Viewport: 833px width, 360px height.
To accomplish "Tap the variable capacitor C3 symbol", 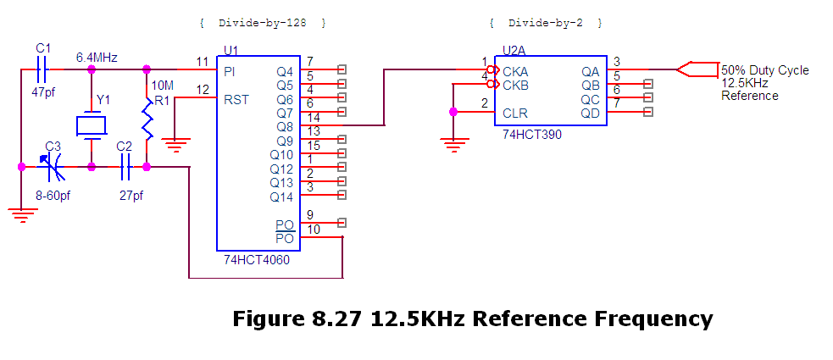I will (53, 167).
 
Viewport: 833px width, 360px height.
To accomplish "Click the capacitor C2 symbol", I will (125, 167).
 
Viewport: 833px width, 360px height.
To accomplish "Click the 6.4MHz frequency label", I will (97, 57).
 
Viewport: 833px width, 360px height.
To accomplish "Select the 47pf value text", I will (44, 91).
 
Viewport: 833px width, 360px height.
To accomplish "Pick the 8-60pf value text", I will (53, 196).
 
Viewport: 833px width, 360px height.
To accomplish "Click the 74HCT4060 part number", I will (257, 260).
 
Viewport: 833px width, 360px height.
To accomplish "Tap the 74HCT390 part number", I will (532, 134).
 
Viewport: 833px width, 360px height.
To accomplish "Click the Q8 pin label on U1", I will (284, 126).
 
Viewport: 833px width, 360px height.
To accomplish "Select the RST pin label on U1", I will (236, 99).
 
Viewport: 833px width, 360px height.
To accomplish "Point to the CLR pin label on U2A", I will (515, 112).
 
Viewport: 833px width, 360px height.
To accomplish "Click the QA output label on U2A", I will (590, 71).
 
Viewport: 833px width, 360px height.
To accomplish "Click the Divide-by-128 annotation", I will (262, 21).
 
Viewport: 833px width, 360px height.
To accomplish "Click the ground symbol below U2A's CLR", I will (454, 145).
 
